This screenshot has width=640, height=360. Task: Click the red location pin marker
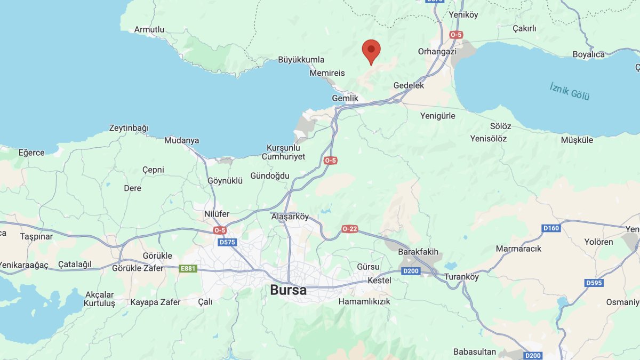click(371, 51)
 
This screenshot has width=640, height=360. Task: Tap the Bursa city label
click(288, 291)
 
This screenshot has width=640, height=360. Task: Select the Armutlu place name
click(149, 30)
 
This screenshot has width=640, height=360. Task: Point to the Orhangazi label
click(437, 52)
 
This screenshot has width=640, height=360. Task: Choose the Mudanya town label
click(181, 141)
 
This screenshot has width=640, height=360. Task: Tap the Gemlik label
click(345, 99)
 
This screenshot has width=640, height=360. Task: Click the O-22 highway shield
click(350, 229)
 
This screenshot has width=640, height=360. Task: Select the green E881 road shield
click(188, 268)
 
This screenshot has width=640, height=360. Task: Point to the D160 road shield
click(551, 228)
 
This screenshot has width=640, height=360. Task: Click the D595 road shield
click(594, 283)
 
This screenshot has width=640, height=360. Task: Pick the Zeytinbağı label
click(129, 128)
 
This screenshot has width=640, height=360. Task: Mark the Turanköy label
click(461, 277)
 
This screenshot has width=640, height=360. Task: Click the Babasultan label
click(475, 352)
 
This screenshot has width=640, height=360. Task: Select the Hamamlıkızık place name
click(364, 301)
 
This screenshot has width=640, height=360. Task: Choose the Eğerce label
click(31, 153)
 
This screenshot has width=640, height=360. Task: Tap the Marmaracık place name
click(518, 249)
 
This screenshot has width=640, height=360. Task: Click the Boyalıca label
click(588, 54)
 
